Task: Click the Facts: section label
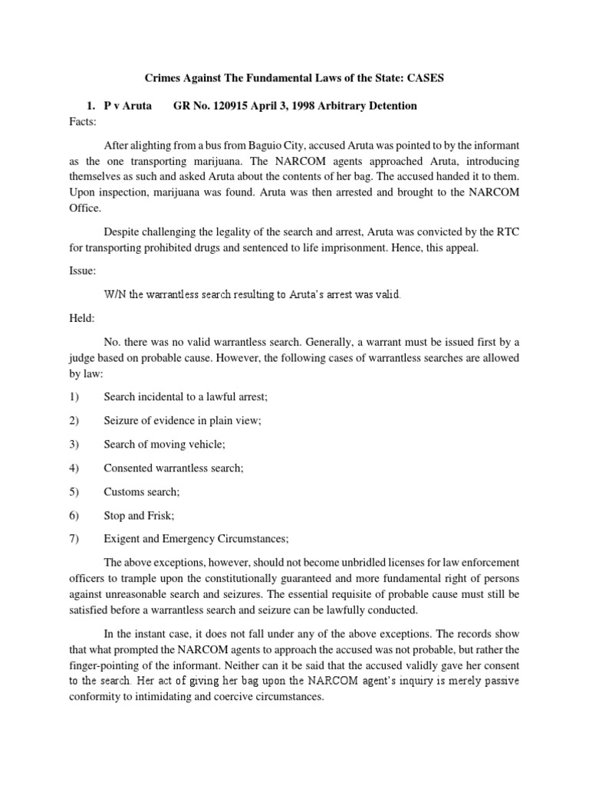[x=84, y=121]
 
